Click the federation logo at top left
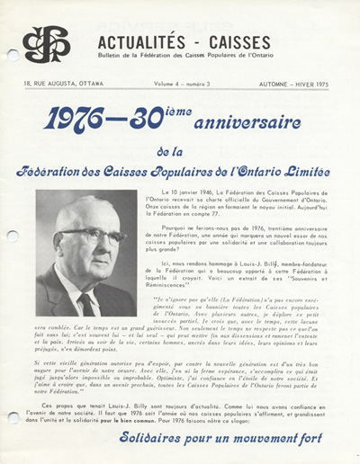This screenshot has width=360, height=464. tap(45, 44)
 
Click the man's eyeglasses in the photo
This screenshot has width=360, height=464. tap(90, 237)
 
